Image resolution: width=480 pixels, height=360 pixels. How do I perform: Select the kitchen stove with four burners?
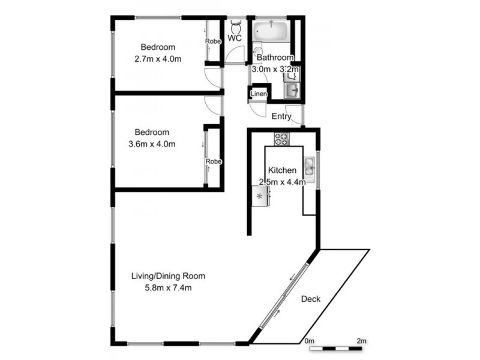tap(282, 139)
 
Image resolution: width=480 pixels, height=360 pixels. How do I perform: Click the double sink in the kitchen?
tap(309, 166)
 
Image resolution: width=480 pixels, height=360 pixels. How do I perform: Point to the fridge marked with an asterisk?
tap(260, 196)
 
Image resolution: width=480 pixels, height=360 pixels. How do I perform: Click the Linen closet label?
tap(259, 94)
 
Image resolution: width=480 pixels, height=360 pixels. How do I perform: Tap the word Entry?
tap(281, 116)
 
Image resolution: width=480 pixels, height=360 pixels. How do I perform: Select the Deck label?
tap(311, 299)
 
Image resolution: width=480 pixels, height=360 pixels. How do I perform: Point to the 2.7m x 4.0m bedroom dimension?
tap(158, 58)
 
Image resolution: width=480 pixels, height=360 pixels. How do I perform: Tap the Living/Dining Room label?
tap(168, 276)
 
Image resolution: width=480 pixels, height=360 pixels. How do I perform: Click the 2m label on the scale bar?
tap(361, 341)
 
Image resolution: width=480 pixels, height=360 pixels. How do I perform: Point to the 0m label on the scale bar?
tap(310, 341)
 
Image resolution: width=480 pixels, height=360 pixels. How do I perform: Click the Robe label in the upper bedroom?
tap(213, 41)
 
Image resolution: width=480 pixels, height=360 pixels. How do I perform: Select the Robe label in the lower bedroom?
tap(213, 161)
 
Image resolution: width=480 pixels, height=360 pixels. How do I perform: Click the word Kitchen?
tap(281, 170)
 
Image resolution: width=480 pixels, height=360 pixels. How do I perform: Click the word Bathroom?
tap(275, 58)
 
